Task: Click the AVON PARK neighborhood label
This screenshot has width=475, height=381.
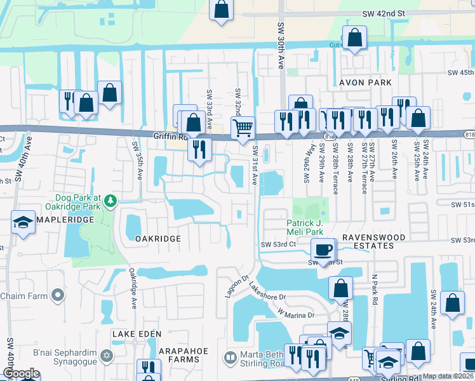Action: click(365, 83)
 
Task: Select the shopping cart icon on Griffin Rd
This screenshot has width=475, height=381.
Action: click(243, 128)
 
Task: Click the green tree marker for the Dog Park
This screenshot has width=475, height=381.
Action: click(111, 201)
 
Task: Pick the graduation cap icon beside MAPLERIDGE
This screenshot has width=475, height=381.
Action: click(23, 223)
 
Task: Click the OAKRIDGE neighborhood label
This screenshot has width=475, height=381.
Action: click(158, 239)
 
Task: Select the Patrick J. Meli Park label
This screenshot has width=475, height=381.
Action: click(309, 227)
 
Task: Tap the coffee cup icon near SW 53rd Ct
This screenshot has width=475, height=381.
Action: click(323, 249)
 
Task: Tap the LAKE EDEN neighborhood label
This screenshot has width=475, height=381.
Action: click(137, 333)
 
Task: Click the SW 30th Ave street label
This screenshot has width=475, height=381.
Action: click(280, 48)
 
